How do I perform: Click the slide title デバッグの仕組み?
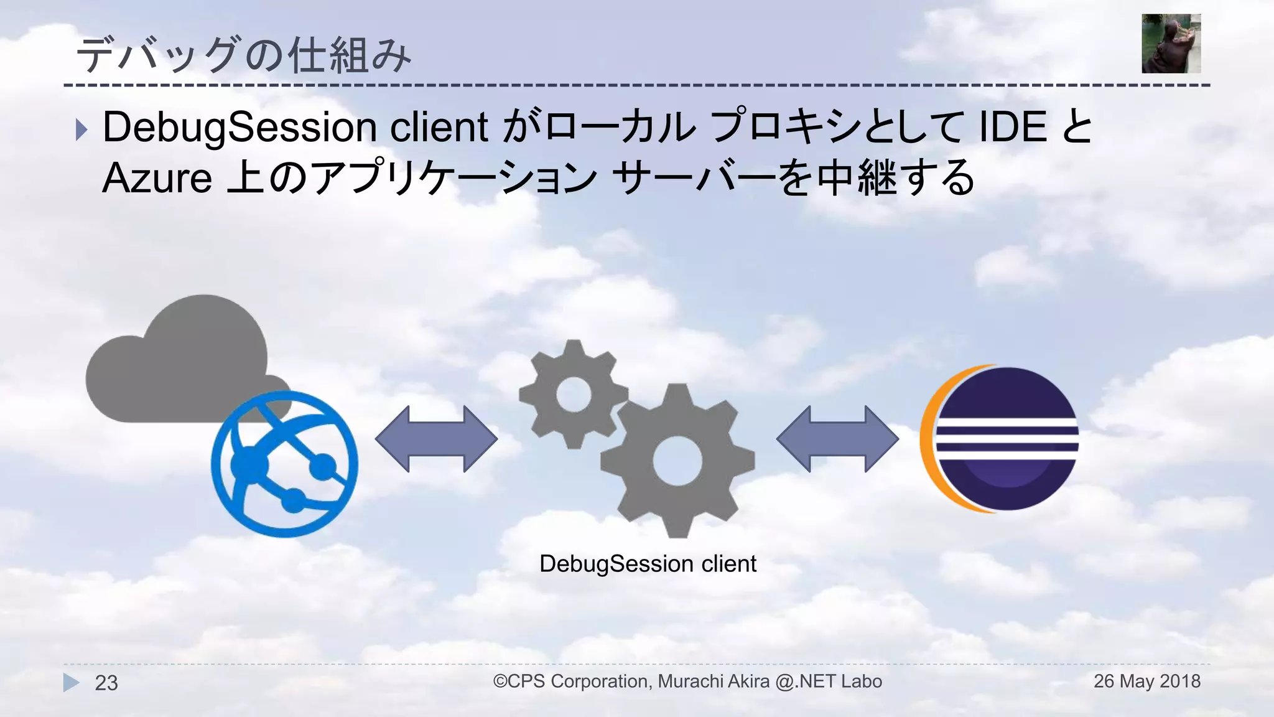click(x=243, y=55)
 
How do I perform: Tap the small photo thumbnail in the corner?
click(x=1171, y=44)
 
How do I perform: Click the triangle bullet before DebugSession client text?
click(x=81, y=129)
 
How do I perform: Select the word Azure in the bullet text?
click(x=157, y=178)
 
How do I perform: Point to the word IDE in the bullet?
click(x=1013, y=127)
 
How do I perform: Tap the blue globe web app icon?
click(x=284, y=464)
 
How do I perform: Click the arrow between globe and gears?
click(x=436, y=439)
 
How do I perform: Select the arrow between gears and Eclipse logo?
click(x=837, y=439)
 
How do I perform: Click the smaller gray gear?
click(x=572, y=393)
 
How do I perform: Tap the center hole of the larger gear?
click(x=677, y=461)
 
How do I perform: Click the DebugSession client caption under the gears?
click(x=648, y=564)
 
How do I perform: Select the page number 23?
click(x=106, y=683)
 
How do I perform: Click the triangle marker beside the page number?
click(x=72, y=682)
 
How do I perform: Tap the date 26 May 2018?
click(x=1146, y=681)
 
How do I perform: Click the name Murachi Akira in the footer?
click(x=714, y=682)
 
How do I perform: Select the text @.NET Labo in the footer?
click(x=829, y=682)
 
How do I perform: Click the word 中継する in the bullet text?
click(x=896, y=178)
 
